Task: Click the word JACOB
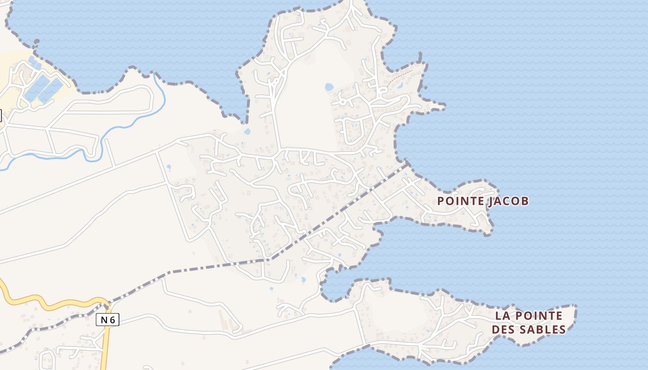tap(509, 201)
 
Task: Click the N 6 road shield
tap(107, 320)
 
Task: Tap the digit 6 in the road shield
tap(112, 320)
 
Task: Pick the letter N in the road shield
tap(104, 320)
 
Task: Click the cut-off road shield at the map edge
tap(0, 115)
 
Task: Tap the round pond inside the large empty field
tap(329, 87)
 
